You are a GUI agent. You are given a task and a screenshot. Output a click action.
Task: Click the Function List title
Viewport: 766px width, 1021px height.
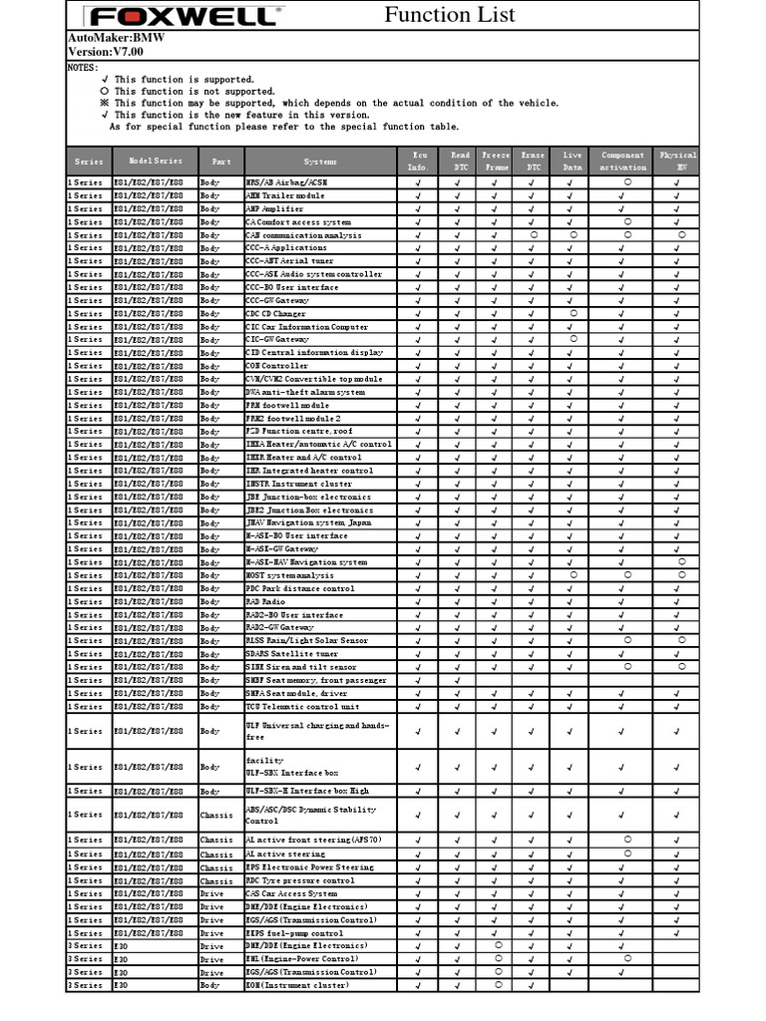click(x=450, y=14)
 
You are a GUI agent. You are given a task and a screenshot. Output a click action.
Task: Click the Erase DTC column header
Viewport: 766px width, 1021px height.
click(x=533, y=162)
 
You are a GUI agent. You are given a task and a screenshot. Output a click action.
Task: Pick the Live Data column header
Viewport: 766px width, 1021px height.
click(x=573, y=162)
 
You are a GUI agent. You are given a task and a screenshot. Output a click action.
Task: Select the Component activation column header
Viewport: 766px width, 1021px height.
click(x=623, y=162)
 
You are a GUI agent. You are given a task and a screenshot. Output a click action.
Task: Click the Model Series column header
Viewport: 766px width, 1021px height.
click(x=156, y=162)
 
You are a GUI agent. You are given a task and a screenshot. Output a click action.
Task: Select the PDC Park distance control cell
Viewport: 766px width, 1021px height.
click(x=299, y=589)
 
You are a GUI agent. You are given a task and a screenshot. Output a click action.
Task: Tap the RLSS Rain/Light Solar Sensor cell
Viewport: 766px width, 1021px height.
click(x=306, y=641)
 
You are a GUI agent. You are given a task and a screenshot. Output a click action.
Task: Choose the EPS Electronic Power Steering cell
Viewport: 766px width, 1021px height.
click(x=309, y=867)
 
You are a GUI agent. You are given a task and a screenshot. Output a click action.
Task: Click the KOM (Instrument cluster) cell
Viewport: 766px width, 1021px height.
click(x=297, y=985)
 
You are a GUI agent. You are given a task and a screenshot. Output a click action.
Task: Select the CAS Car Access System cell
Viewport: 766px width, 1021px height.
click(x=291, y=894)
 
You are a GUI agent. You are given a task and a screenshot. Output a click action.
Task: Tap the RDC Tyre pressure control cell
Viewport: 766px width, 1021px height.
click(x=299, y=880)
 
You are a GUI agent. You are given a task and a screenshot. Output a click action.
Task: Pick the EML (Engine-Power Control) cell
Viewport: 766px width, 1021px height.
click(x=301, y=959)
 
